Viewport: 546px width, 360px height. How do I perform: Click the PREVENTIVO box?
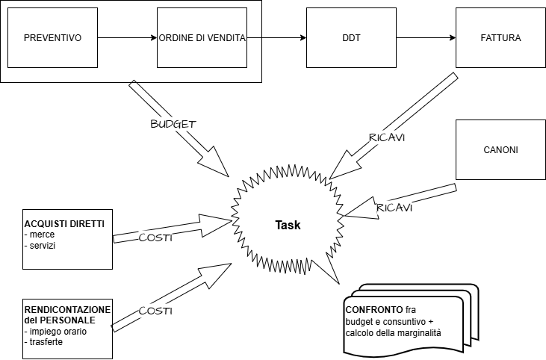point(52,37)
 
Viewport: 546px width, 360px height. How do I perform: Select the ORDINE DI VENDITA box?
point(202,37)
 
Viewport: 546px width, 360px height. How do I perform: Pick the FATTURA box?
point(500,37)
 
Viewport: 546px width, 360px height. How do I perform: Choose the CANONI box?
point(500,149)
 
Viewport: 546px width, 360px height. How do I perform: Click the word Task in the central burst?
point(288,225)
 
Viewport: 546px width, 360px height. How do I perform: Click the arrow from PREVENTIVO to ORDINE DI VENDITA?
point(127,37)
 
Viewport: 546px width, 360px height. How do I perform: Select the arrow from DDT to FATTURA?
point(425,37)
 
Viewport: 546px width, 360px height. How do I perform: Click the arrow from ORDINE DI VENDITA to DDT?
point(276,37)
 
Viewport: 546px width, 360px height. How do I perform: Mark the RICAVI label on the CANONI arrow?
point(394,206)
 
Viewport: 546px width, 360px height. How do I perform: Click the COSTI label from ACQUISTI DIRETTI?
point(156,237)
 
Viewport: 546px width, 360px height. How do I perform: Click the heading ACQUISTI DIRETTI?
point(64,223)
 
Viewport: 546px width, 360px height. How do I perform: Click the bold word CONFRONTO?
point(373,309)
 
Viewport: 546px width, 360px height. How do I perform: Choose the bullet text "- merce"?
point(39,235)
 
